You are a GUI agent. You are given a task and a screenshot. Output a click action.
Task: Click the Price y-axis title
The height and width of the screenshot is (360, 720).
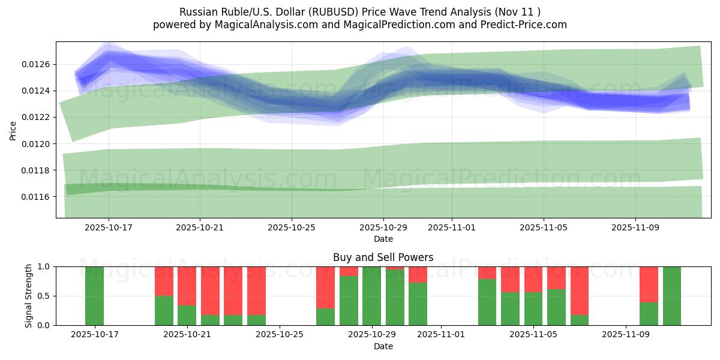pos(13,130)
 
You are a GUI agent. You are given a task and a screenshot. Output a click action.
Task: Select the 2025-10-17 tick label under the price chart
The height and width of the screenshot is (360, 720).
pos(109,228)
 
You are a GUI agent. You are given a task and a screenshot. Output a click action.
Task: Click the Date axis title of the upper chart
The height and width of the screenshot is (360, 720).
pos(383,239)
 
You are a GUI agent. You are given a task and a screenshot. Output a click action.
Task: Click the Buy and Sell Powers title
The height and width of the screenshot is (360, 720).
pos(383,257)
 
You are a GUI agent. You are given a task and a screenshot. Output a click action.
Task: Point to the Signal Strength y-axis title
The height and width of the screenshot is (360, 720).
pos(28,295)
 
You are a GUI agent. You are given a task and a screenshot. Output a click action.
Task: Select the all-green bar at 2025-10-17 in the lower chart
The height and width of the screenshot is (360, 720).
pos(95,296)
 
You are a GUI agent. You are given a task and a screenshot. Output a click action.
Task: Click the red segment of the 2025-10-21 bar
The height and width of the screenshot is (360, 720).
pos(187,286)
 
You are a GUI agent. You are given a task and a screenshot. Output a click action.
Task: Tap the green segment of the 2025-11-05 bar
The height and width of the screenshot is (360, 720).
pos(533,309)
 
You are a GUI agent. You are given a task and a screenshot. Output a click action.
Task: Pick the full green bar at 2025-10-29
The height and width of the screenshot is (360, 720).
pos(372,296)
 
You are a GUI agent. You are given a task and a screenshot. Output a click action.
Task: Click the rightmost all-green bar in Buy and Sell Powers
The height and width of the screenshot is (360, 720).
pos(672,296)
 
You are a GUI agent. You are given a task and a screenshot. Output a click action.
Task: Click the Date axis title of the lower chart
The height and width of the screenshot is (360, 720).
pos(383,346)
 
